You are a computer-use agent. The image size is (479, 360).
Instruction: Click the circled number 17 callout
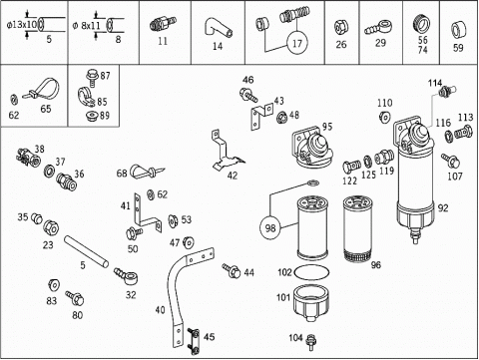(x=297, y=43)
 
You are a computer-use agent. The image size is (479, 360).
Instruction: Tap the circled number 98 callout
(x=270, y=227)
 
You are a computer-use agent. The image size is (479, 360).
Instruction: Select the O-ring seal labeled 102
(x=312, y=272)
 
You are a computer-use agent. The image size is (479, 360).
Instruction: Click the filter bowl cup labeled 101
(x=311, y=303)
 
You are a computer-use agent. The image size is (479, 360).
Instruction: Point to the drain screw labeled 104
(x=311, y=342)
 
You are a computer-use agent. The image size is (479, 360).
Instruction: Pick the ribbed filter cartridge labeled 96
(x=357, y=228)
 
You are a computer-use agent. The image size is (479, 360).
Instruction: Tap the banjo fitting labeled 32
(x=127, y=275)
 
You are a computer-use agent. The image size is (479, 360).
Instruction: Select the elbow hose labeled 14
(x=218, y=29)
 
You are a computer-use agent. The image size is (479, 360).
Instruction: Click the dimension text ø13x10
(x=22, y=25)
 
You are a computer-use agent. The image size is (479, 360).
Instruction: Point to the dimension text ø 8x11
(x=86, y=25)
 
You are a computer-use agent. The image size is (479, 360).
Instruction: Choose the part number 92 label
(x=443, y=207)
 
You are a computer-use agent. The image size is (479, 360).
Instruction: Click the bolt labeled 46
(x=248, y=95)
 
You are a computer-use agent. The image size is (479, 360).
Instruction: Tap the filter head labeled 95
(x=312, y=149)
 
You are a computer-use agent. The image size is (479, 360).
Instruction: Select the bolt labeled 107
(x=451, y=161)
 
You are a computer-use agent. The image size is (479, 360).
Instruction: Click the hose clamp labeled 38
(x=28, y=157)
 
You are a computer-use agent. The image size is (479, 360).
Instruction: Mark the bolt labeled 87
(x=92, y=79)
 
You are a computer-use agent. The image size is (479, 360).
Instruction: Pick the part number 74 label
(x=422, y=50)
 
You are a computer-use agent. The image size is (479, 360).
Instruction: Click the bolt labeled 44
(x=232, y=270)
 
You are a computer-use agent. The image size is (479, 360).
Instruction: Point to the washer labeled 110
(x=385, y=117)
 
